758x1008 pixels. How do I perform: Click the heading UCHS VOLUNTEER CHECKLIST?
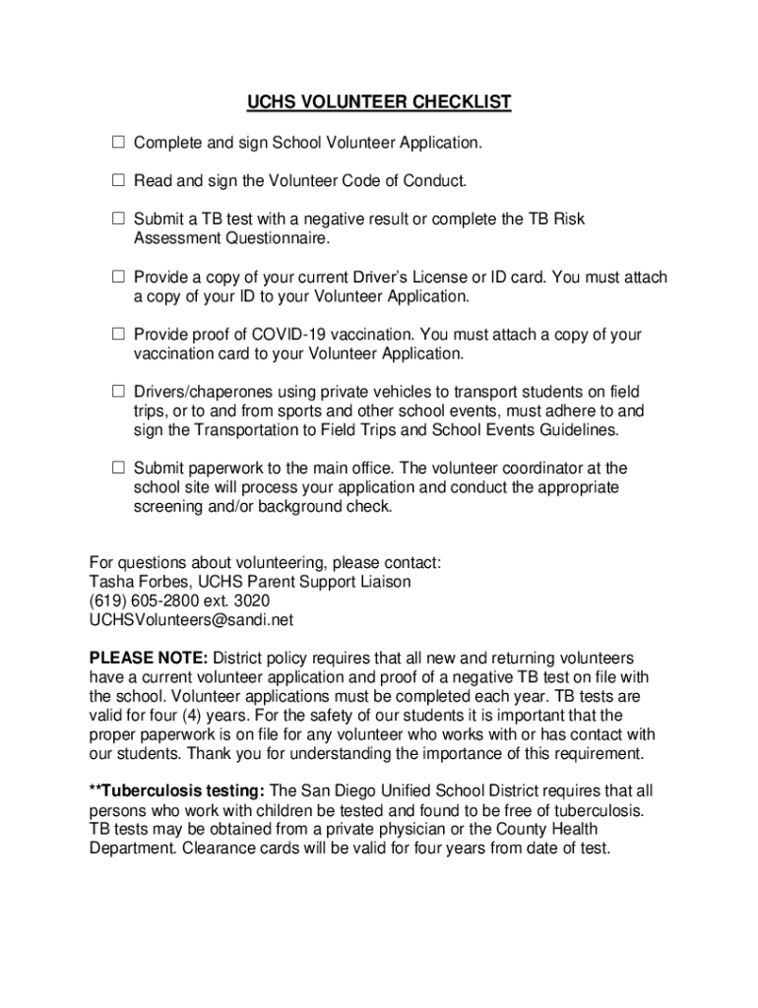379,102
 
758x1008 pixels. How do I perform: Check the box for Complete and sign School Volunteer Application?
117,144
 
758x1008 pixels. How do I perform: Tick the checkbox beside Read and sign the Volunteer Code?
117,181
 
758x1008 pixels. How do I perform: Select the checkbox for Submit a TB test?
117,220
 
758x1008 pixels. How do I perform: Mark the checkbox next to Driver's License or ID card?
117,278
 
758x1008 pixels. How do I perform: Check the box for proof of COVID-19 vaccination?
117,335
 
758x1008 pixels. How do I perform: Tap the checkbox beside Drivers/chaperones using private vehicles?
117,392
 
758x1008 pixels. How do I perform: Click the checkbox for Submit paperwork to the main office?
117,469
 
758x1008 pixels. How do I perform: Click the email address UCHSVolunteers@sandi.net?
191,620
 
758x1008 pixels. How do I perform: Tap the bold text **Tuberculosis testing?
177,791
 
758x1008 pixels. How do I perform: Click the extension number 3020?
251,601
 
